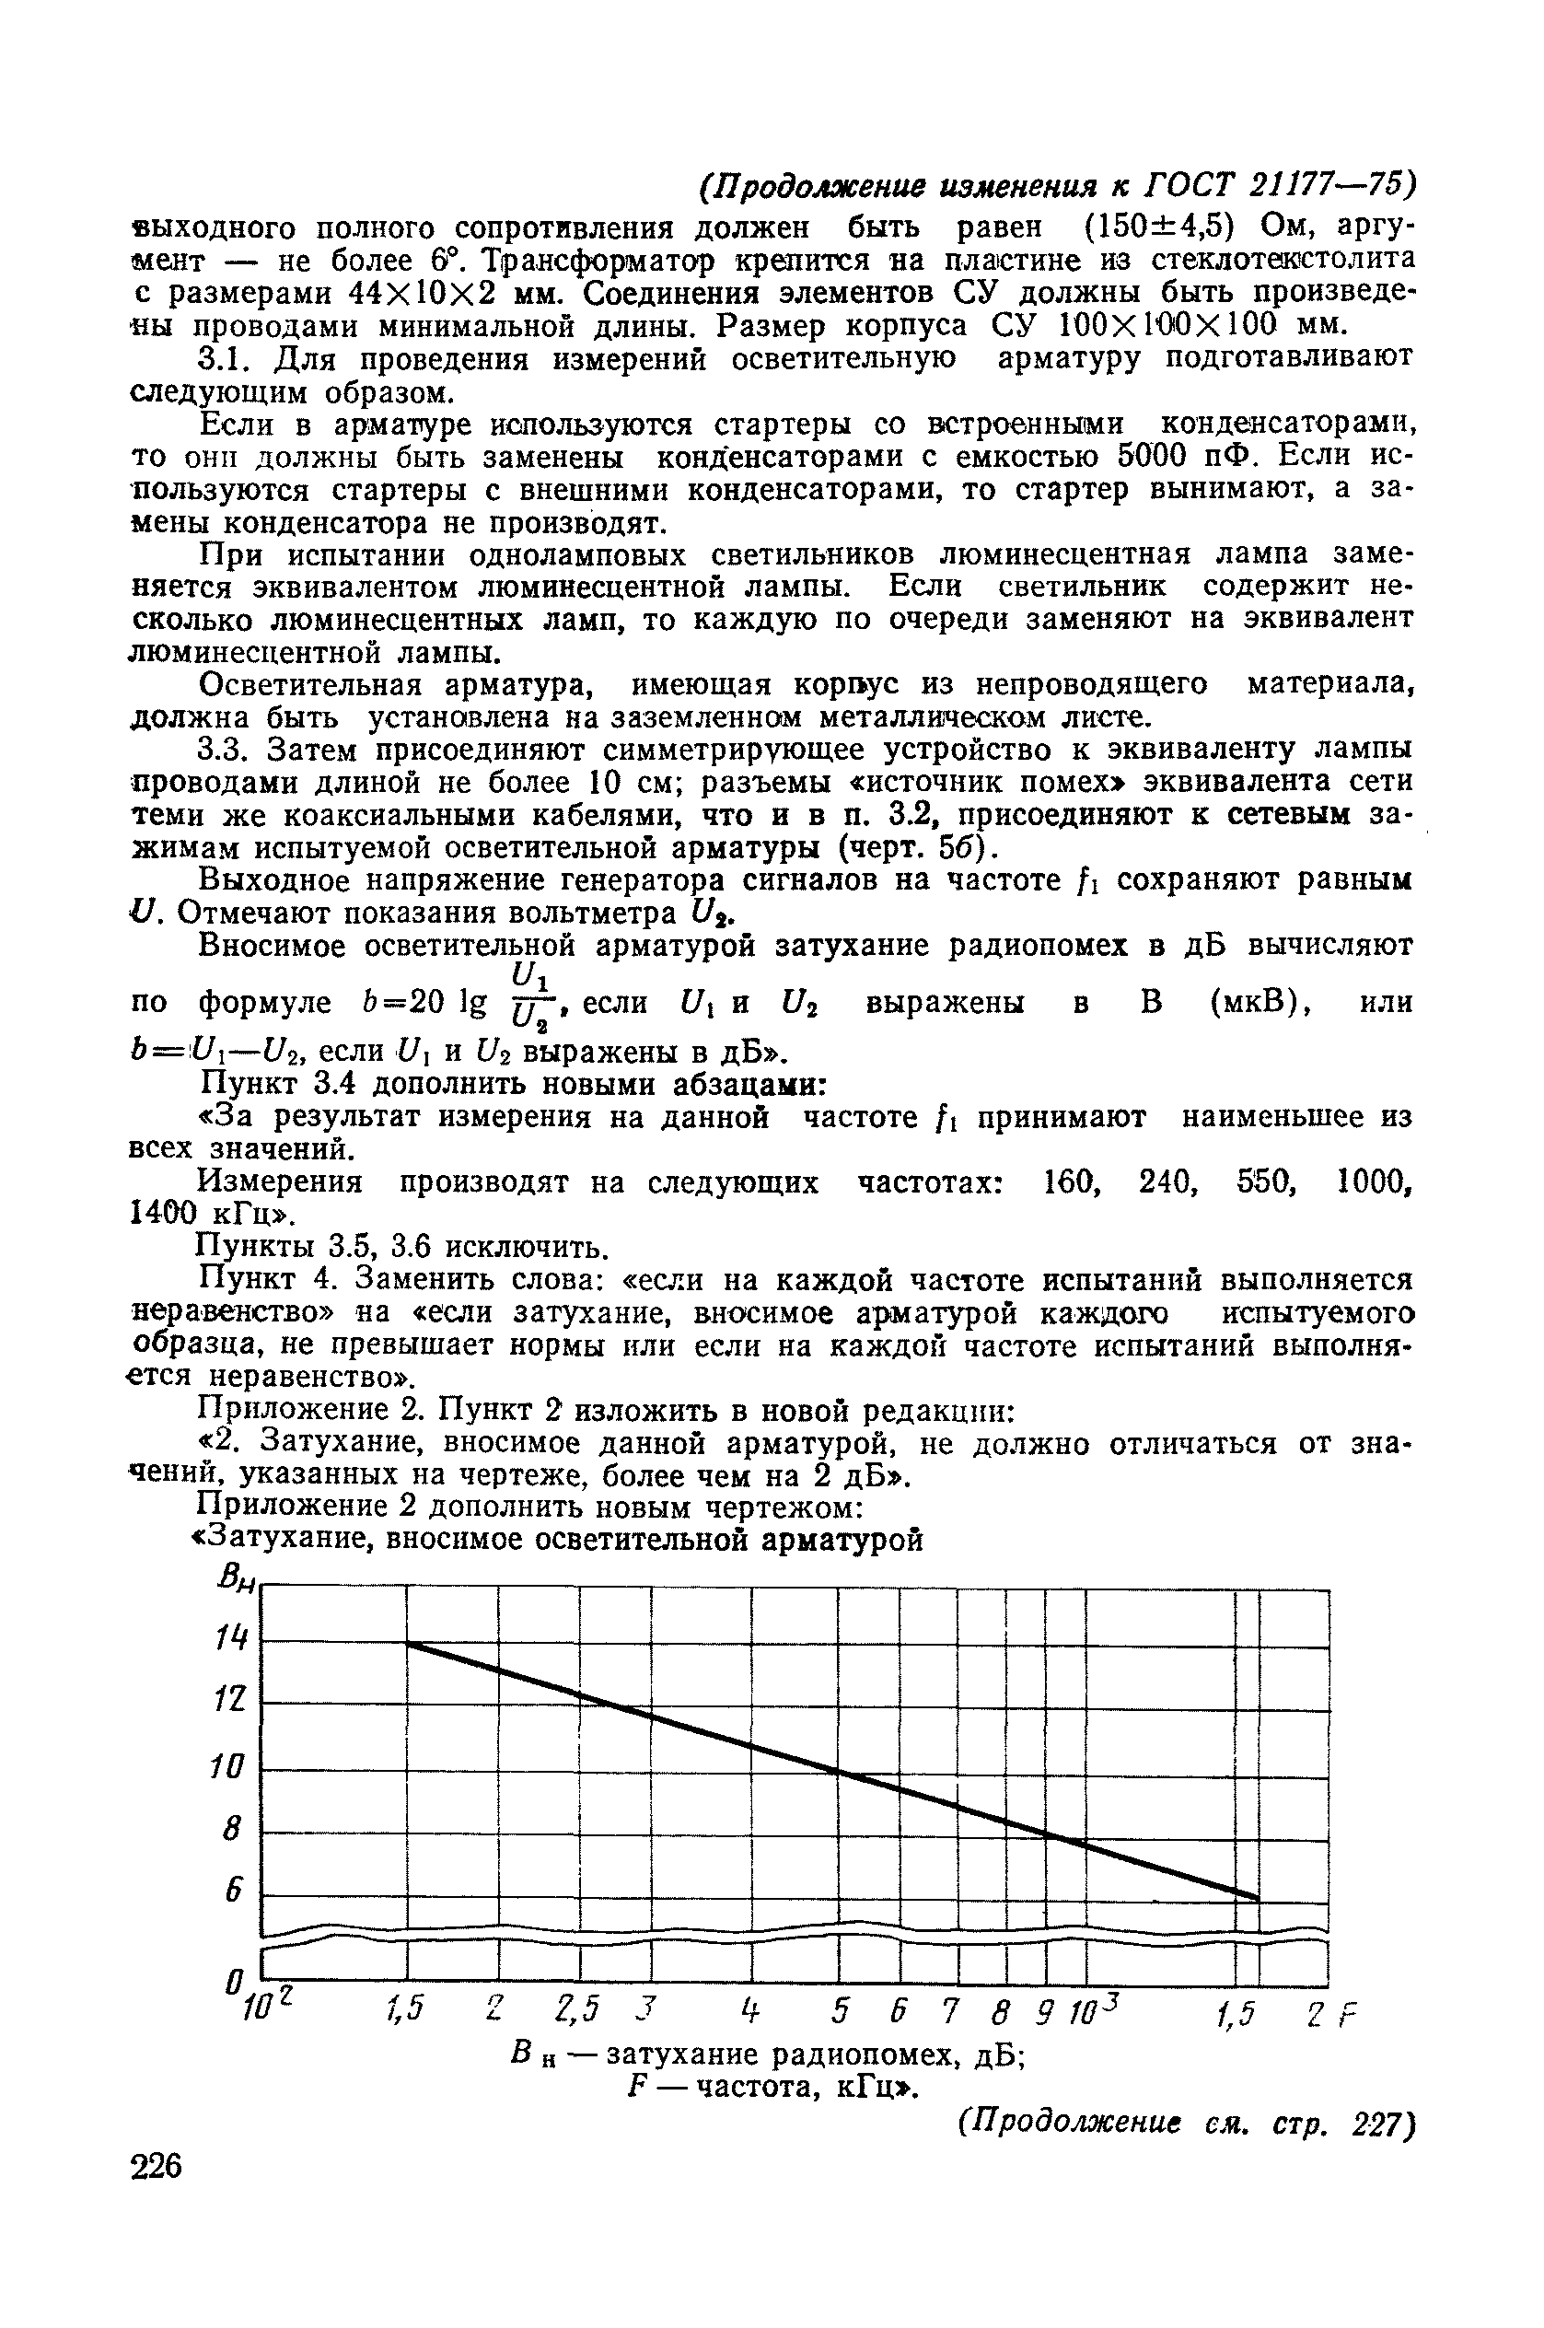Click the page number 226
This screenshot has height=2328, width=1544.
point(157,2168)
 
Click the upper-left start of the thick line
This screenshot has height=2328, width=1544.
point(408,1643)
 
